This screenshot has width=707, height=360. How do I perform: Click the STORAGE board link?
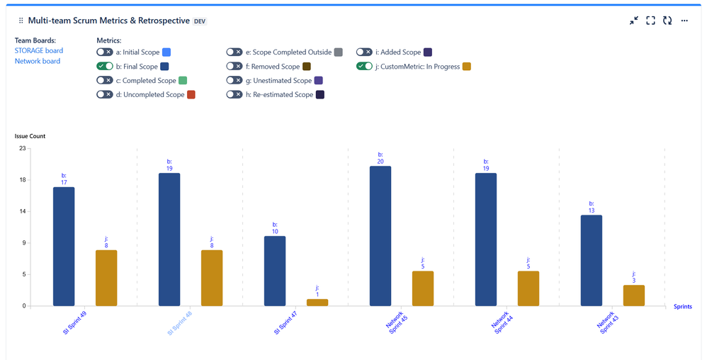coord(39,50)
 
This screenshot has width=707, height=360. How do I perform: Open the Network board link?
coord(38,61)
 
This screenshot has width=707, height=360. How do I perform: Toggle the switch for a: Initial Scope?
coord(105,52)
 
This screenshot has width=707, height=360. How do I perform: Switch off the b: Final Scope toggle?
coord(105,66)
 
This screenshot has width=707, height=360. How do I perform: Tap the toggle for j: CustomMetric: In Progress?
coord(365,66)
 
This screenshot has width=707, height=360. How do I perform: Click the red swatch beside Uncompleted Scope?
coord(191,94)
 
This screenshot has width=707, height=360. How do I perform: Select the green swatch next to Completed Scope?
coord(183,80)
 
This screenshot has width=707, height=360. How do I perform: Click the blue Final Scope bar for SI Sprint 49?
coord(64,246)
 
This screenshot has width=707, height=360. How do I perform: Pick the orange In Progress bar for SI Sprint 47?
coord(317,303)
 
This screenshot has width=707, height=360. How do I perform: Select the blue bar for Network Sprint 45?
coord(380,235)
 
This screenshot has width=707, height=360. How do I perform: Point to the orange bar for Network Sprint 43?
coord(634,296)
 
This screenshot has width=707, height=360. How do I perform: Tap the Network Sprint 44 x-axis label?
coord(502,323)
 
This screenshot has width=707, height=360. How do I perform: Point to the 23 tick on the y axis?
coord(22,148)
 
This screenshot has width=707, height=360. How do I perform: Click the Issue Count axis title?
coord(30,135)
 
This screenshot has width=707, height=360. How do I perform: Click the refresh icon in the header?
coord(667,21)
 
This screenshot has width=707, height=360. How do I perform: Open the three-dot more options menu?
coord(684,21)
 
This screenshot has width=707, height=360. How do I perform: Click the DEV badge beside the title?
coord(200,21)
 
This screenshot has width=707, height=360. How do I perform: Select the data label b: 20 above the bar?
coord(380,157)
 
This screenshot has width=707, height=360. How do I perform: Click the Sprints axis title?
coord(683,307)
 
